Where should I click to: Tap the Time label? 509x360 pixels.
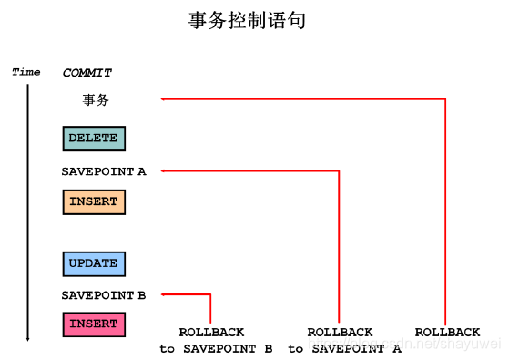(26, 72)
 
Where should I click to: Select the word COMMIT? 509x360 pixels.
(87, 73)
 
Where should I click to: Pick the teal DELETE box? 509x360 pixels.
(93, 139)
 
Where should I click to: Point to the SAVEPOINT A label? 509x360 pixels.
(103, 170)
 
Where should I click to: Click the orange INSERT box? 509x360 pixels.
(93, 201)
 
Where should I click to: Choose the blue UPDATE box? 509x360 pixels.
(93, 264)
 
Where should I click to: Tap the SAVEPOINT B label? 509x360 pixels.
(103, 295)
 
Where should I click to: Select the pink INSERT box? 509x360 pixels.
(93, 324)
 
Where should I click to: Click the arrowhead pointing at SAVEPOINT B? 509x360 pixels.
(164, 294)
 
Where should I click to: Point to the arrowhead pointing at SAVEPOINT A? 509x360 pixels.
(164, 170)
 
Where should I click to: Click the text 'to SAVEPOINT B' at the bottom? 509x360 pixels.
(216, 348)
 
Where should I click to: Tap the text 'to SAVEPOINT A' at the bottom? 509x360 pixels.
(344, 348)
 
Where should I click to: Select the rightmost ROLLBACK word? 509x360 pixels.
(447, 333)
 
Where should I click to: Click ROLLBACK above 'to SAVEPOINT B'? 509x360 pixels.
(211, 333)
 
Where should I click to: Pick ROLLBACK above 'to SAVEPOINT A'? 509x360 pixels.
(340, 333)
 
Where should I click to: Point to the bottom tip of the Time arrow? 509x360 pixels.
(28, 339)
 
